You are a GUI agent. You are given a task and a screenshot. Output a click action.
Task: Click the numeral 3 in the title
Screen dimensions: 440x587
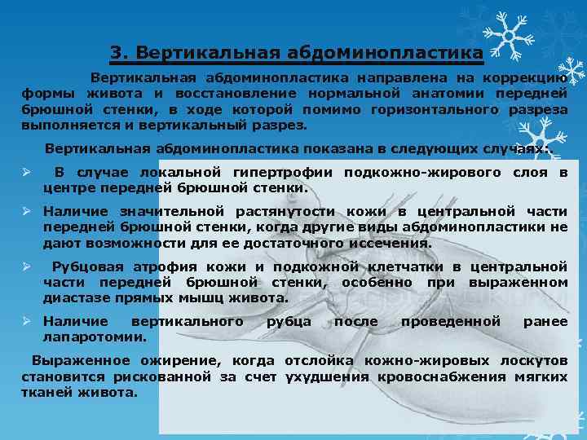[x=116, y=54]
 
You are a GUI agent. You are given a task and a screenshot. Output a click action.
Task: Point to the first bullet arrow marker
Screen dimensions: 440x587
[x=27, y=173]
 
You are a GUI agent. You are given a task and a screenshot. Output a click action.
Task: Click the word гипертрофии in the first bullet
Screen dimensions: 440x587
[x=295, y=173]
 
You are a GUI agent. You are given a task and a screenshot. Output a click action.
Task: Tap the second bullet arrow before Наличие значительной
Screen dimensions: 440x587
[x=27, y=211]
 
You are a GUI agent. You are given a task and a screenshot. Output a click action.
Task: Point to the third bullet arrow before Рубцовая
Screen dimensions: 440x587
[x=27, y=266]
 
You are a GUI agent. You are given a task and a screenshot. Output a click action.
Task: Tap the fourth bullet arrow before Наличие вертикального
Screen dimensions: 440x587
[x=27, y=322]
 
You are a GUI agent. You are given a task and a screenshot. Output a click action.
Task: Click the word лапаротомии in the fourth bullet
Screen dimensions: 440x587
[x=95, y=337]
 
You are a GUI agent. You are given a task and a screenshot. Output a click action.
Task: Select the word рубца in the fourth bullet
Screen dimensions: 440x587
[x=289, y=322]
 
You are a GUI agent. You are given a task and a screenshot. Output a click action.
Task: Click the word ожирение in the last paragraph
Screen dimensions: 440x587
[x=179, y=361]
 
